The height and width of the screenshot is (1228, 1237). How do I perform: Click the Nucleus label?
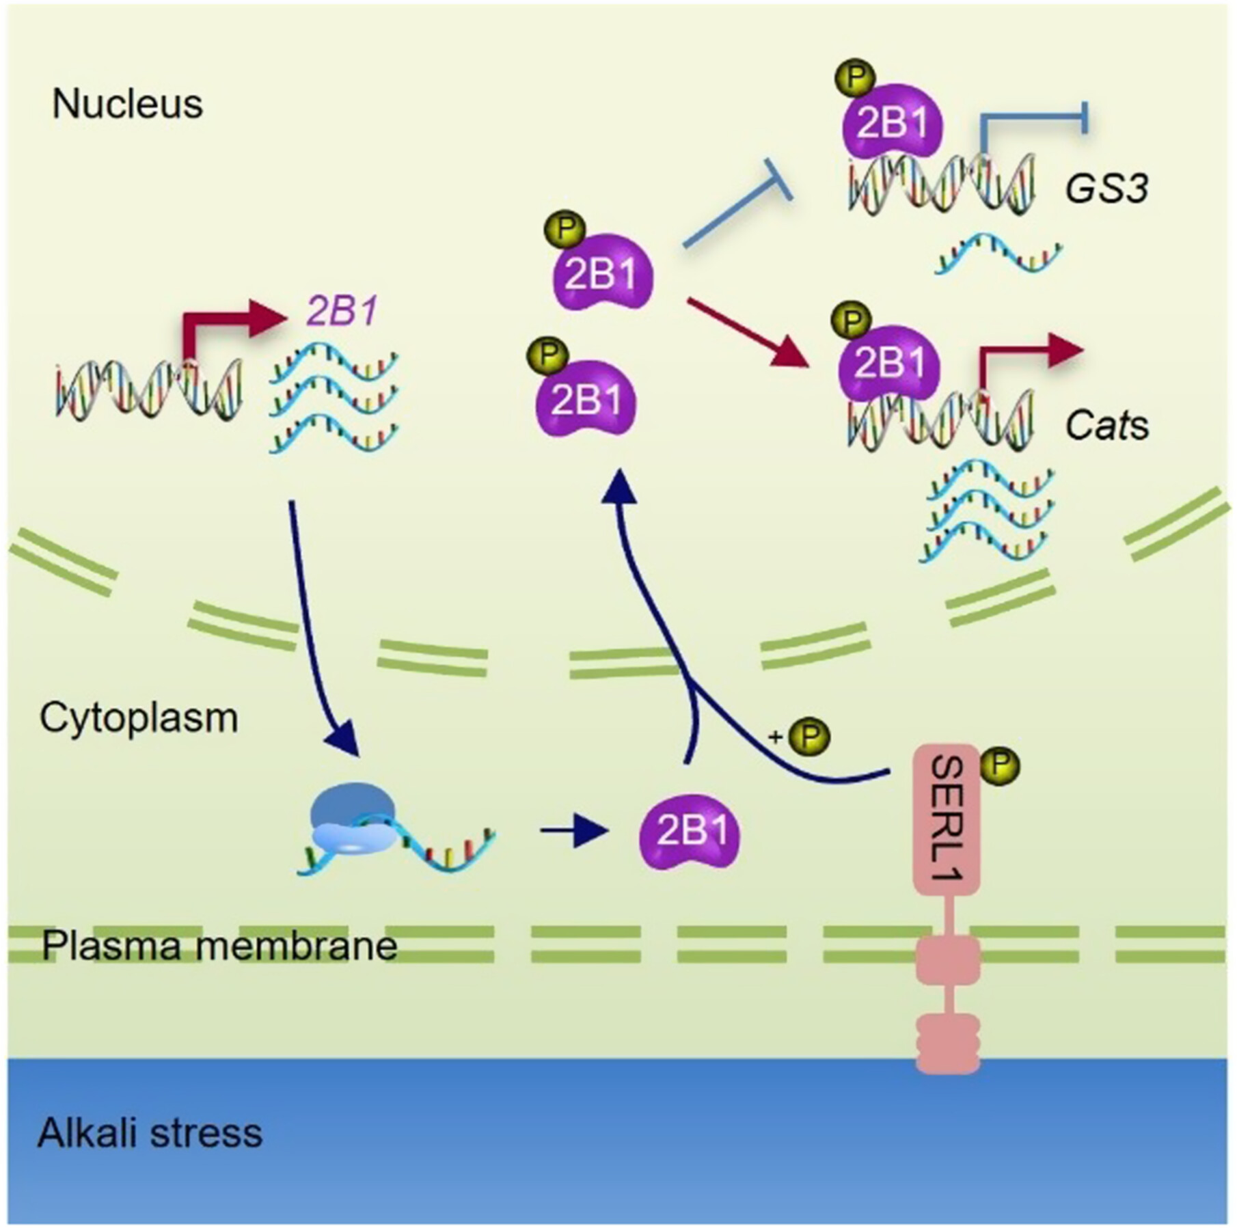coord(127,105)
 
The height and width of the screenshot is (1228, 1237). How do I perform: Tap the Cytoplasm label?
coord(139,718)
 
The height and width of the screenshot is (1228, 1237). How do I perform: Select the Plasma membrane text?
coord(219,946)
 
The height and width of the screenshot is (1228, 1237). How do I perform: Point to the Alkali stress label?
coord(150,1133)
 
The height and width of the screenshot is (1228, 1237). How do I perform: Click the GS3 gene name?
coord(1106,189)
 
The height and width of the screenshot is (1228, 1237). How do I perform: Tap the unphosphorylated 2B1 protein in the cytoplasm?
coord(689,832)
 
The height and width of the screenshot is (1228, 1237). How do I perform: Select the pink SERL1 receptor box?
coord(947,819)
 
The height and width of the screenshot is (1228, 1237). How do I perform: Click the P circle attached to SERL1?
coord(1000,766)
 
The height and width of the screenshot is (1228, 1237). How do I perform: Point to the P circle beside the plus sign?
coord(809,736)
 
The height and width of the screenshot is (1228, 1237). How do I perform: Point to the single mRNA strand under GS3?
coord(998,255)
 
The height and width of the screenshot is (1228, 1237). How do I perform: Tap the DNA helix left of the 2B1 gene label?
coord(149,391)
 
